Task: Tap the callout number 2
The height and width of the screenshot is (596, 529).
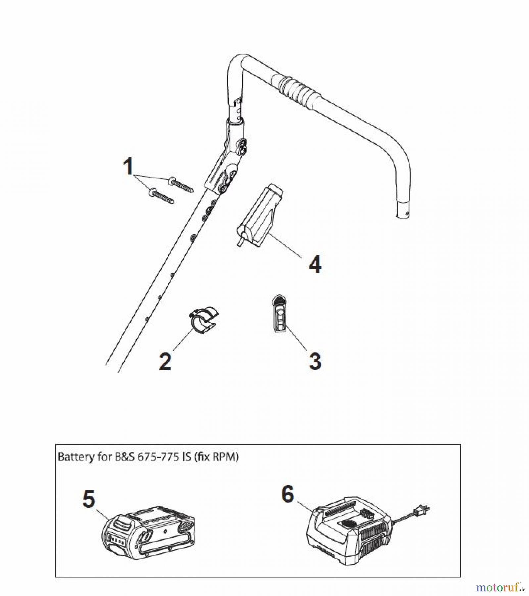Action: coord(165,361)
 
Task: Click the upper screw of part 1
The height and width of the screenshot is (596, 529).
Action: coord(181,185)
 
